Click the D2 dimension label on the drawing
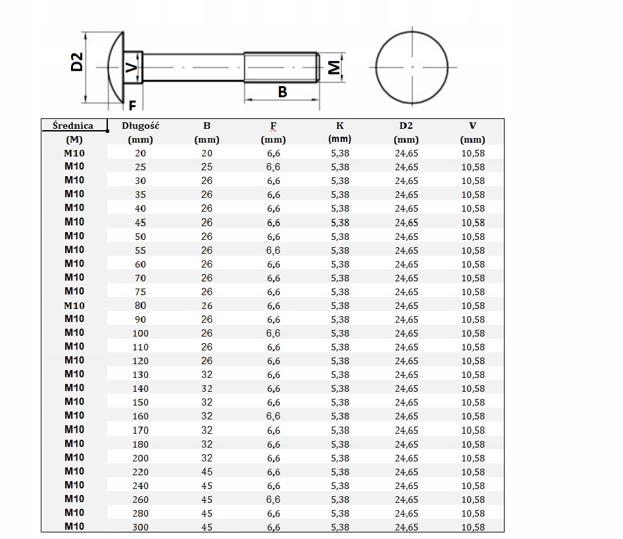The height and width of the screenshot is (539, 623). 77,62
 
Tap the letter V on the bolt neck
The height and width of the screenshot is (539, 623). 132,67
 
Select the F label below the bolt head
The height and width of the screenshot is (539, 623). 132,106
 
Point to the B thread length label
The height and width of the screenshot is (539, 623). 282,92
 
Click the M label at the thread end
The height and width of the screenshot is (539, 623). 334,67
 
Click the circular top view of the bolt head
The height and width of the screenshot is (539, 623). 412,67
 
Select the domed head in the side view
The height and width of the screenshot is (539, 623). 116,67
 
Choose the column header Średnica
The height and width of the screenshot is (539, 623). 73,126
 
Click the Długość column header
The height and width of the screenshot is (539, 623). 141,126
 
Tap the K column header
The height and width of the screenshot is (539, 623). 339,126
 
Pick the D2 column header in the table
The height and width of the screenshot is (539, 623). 406,126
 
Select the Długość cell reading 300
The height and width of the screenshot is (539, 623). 141,527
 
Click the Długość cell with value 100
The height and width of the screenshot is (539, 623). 141,333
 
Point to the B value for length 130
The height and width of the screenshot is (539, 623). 207,375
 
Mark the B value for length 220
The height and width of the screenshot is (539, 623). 207,472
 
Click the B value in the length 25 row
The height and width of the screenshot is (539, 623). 207,167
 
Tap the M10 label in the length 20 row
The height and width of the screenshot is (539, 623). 74,153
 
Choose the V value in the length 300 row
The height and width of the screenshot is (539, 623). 472,527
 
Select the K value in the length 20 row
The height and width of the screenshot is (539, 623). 339,153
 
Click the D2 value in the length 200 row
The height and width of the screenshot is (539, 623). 406,458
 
